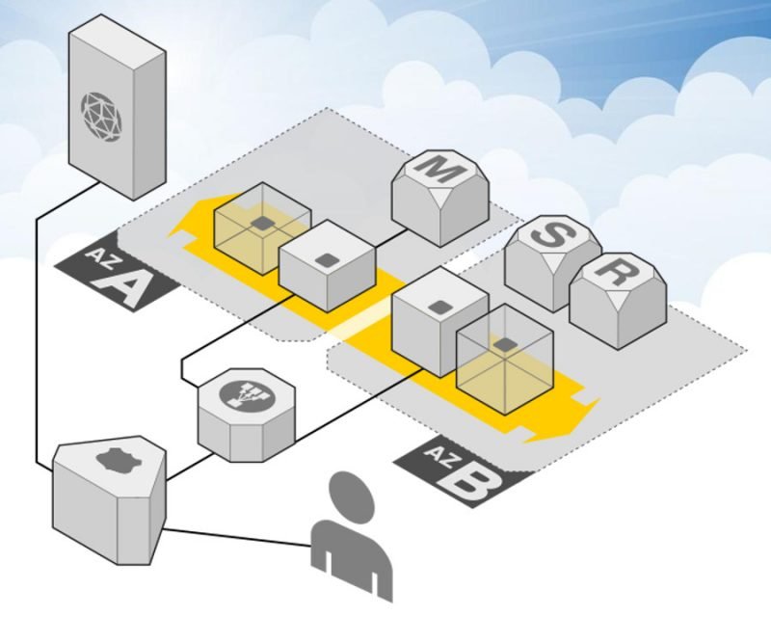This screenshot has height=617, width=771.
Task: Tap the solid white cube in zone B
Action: pyautogui.click(x=439, y=323)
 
